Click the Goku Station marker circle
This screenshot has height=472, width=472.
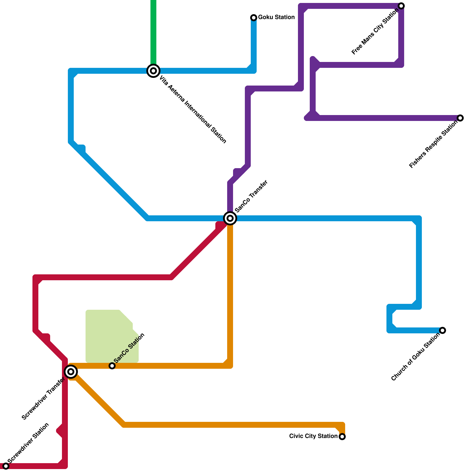click(254, 18)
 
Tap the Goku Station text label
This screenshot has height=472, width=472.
click(276, 17)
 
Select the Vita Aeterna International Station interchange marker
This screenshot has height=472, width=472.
click(153, 71)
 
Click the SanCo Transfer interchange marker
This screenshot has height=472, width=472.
click(230, 218)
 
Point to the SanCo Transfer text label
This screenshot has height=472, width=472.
click(251, 196)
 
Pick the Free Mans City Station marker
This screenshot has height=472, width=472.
click(401, 6)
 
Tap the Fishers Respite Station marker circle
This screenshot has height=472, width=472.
click(460, 118)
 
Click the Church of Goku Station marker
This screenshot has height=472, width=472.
click(442, 330)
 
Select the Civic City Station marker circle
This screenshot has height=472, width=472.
click(342, 437)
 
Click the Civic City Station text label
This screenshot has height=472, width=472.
click(313, 436)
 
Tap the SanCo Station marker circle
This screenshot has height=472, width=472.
click(112, 366)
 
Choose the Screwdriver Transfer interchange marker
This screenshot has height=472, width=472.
click(71, 372)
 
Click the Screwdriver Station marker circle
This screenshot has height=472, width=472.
click(6, 466)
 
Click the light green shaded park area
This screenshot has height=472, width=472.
click(109, 336)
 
